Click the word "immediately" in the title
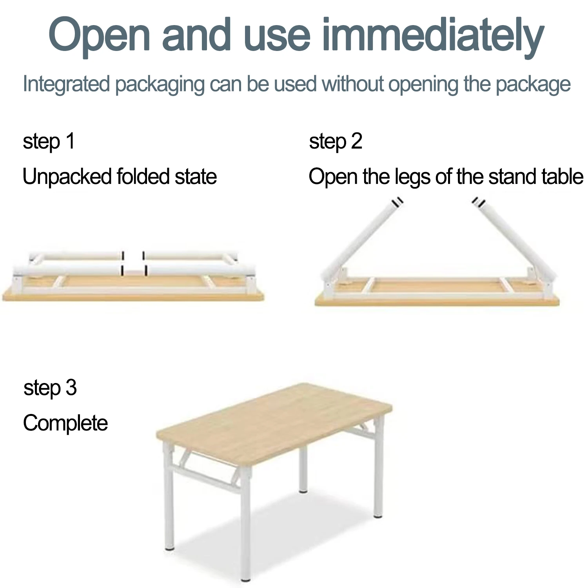click(x=433, y=35)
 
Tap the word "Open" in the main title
click(x=100, y=35)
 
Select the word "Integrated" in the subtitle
click(x=66, y=84)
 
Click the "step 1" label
click(x=49, y=142)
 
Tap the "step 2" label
click(x=336, y=142)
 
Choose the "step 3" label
click(x=50, y=388)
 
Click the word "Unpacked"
click(x=67, y=177)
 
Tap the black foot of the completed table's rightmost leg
click(x=378, y=516)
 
